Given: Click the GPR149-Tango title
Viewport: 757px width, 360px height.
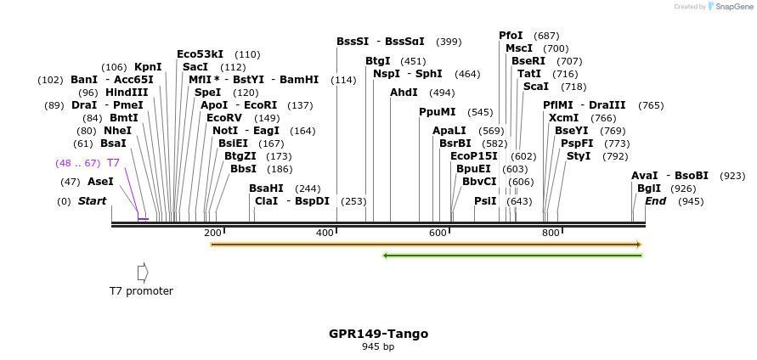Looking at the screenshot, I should click(x=378, y=334).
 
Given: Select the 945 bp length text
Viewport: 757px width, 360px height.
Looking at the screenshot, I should click(x=378, y=346).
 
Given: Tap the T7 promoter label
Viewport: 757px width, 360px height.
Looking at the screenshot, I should click(x=141, y=291).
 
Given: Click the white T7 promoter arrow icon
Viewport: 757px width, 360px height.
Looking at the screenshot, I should click(x=143, y=272).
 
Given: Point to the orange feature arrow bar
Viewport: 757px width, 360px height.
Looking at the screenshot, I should click(x=425, y=245).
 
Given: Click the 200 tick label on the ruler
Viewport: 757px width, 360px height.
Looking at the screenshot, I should click(x=212, y=233).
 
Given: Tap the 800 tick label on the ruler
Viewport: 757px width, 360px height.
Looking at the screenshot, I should click(x=551, y=233).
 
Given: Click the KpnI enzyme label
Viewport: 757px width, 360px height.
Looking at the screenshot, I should click(x=148, y=67).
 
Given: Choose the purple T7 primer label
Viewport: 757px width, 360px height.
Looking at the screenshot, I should click(x=113, y=162).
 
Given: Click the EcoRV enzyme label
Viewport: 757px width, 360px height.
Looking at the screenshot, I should click(x=224, y=118).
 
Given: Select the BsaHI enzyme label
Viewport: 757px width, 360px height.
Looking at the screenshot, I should click(x=266, y=188).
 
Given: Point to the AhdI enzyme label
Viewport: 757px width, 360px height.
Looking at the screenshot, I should click(x=404, y=93).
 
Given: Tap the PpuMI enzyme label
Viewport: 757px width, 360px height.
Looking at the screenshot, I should click(x=438, y=112).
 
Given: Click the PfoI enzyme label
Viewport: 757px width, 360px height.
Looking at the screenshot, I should click(x=511, y=36).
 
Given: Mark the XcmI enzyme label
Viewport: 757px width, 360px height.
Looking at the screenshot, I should click(x=563, y=118).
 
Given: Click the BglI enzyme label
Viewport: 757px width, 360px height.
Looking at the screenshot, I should click(x=649, y=188).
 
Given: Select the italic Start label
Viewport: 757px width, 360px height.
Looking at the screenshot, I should click(x=93, y=201).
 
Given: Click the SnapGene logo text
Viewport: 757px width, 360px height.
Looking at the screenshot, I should click(x=733, y=7).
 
